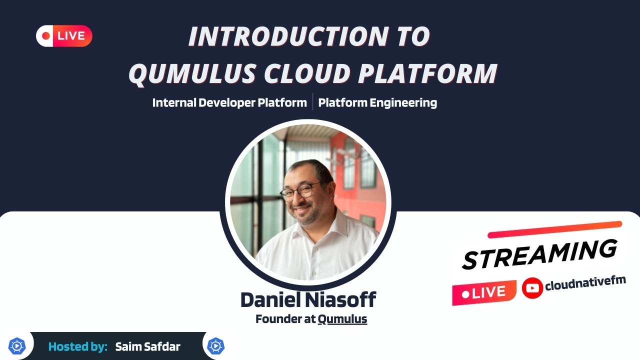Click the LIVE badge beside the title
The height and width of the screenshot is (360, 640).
pyautogui.click(x=64, y=36)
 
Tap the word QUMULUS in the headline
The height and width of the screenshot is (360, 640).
pyautogui.click(x=192, y=73)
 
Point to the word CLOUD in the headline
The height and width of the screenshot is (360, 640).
pyautogui.click(x=307, y=73)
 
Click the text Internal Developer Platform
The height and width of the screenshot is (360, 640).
pyautogui.click(x=229, y=103)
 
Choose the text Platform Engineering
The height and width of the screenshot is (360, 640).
pyautogui.click(x=377, y=103)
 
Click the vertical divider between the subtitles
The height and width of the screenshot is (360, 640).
pyautogui.click(x=312, y=102)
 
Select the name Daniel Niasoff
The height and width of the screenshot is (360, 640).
pyautogui.click(x=308, y=299)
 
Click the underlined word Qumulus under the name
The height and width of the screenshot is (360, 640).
pyautogui.click(x=342, y=319)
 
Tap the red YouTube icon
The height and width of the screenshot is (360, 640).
pyautogui.click(x=532, y=288)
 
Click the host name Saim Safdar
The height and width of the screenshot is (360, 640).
pyautogui.click(x=147, y=346)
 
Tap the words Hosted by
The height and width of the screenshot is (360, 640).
pyautogui.click(x=78, y=346)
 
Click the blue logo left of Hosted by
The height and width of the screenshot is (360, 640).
pyautogui.click(x=17, y=346)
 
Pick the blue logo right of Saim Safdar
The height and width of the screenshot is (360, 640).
pyautogui.click(x=216, y=346)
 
